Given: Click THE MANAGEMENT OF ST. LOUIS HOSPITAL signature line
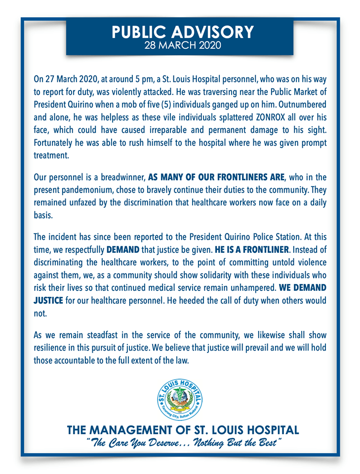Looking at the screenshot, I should [182, 429].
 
